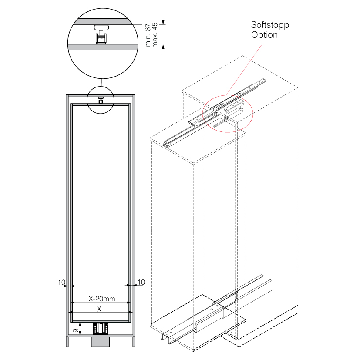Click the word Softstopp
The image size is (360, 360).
(x=270, y=25)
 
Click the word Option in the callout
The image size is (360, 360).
(x=264, y=35)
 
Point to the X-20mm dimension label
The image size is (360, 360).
(x=101, y=299)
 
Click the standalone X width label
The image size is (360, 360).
(x=99, y=309)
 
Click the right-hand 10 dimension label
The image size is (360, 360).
(x=141, y=283)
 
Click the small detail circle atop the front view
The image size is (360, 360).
(x=100, y=100)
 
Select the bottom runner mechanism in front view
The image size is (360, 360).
(x=101, y=328)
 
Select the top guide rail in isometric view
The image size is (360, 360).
(x=209, y=116)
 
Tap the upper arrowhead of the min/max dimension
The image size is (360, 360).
(x=164, y=20)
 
